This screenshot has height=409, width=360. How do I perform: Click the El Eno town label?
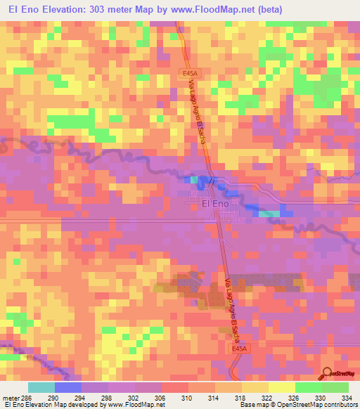point(215,204)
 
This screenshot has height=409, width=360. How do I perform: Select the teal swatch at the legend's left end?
point(41,387)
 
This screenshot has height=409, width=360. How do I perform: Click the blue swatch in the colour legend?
point(68,387)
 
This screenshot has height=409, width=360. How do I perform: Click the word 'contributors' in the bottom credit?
point(337,405)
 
